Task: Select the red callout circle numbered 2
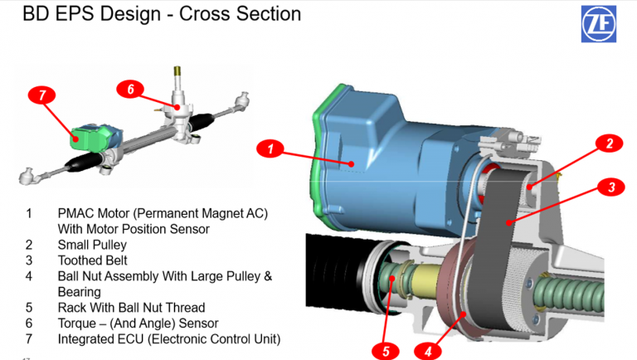click(x=609, y=144)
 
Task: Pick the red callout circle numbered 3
click(x=610, y=187)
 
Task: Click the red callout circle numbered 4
click(x=428, y=350)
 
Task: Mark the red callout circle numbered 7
click(x=41, y=95)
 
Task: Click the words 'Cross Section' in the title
click(x=246, y=14)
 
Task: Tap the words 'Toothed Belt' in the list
click(x=94, y=260)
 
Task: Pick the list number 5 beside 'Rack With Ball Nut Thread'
click(x=29, y=307)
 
